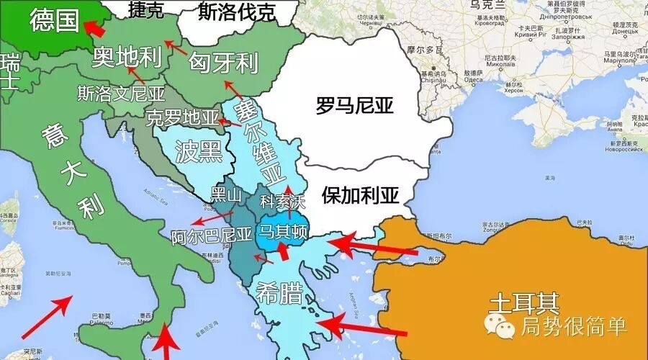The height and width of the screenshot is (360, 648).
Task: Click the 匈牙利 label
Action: [224, 63]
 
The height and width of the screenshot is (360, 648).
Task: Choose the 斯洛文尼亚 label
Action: [122, 94]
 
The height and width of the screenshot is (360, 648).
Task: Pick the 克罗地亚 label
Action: [181, 117]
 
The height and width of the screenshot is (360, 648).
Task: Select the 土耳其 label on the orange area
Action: [523, 300]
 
